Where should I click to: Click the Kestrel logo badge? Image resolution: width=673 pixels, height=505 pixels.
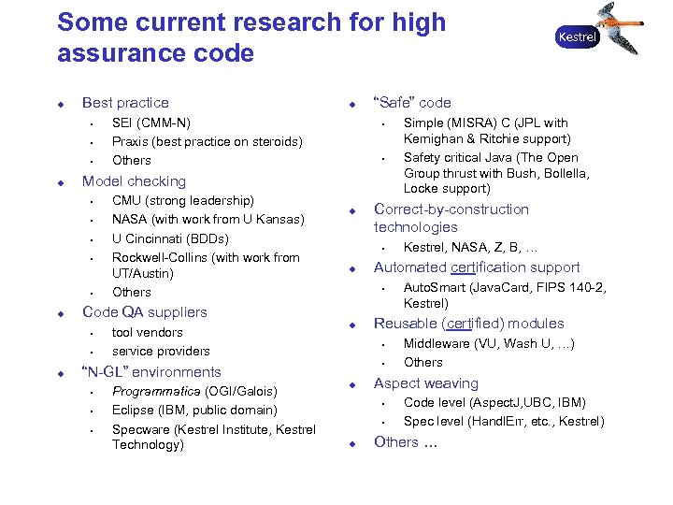pos(577,37)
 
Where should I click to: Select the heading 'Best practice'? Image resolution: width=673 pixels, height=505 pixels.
pos(125,103)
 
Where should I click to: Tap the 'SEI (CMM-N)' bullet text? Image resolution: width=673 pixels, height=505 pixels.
pos(150,123)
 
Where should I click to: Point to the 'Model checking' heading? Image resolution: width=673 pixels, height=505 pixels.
pos(134,181)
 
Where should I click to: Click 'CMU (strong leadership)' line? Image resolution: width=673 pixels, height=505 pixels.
pos(182,201)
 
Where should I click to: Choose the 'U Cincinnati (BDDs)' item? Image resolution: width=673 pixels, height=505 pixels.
pos(169,238)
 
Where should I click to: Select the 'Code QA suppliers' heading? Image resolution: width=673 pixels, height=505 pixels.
pos(145,312)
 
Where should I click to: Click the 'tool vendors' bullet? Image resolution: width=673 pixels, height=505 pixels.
pos(147,333)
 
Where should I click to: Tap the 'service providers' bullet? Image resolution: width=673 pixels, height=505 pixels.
pos(161,352)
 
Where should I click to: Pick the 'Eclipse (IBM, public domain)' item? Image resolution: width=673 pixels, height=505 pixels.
pos(194,410)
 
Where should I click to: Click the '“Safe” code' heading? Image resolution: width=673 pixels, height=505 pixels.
pos(412,103)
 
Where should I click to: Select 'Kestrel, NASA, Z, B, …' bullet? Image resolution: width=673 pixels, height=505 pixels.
pos(470,248)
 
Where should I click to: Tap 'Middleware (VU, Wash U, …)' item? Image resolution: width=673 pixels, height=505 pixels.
pos(489,343)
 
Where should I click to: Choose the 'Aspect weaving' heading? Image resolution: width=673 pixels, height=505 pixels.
pos(425,383)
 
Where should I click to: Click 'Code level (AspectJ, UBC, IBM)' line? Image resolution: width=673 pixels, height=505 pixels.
pos(494,403)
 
